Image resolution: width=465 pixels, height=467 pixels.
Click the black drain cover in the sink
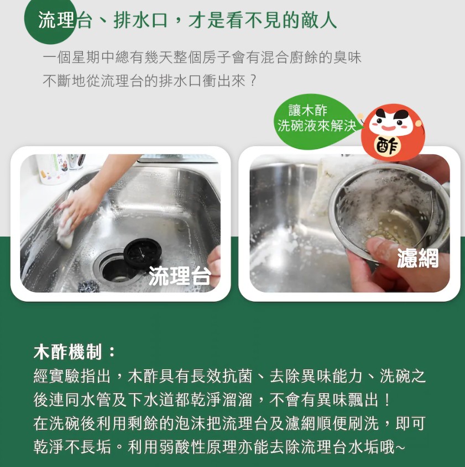pyautogui.click(x=143, y=254)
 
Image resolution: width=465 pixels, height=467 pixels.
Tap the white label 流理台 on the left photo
pyautogui.click(x=180, y=275)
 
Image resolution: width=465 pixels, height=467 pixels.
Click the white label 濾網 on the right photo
pyautogui.click(x=417, y=258)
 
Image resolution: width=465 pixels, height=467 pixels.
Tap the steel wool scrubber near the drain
pyautogui.click(x=88, y=286)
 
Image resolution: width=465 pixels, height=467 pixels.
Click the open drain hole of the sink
pyautogui.click(x=114, y=270)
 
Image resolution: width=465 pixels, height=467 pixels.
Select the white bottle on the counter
pyautogui.click(x=53, y=169)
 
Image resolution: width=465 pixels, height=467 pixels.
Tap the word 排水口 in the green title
pyautogui.click(x=140, y=21)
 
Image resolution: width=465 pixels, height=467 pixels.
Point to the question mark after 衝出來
pyautogui.click(x=253, y=81)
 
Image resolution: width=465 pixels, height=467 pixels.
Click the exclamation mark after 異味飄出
pyautogui.click(x=387, y=400)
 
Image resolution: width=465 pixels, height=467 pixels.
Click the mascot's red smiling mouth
pyautogui.click(x=389, y=128)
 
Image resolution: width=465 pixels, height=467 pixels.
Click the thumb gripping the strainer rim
pyautogui.click(x=380, y=251)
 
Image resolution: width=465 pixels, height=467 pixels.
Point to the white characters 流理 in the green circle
pyautogui.click(x=56, y=21)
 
